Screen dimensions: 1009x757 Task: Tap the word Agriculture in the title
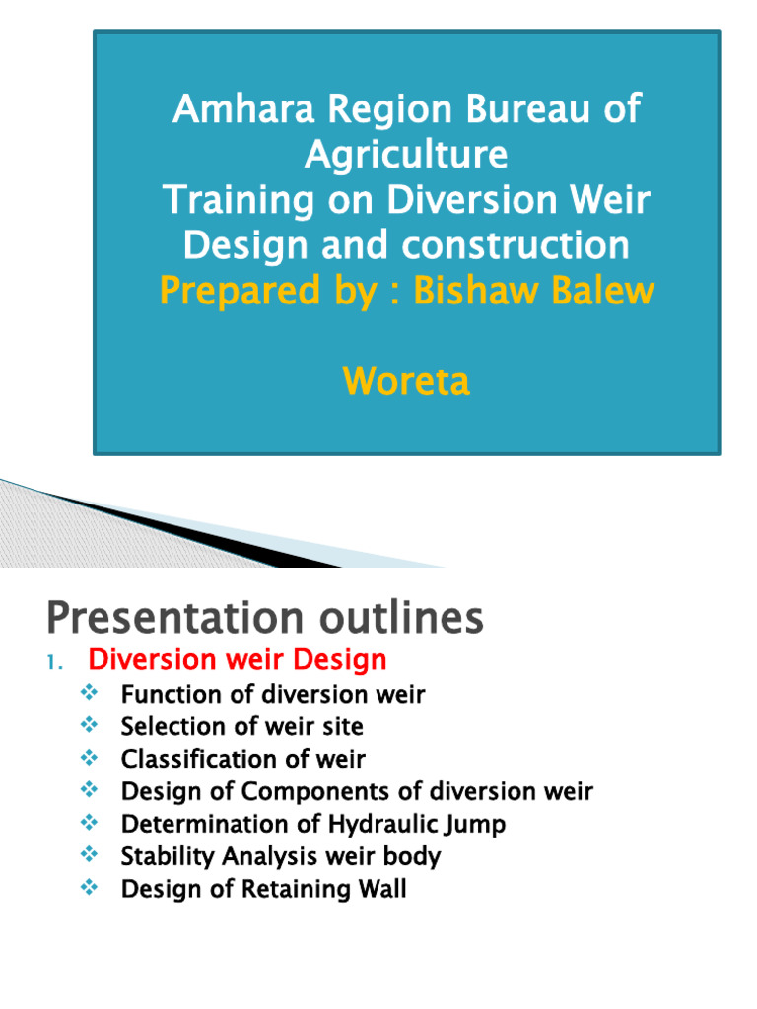pos(406,154)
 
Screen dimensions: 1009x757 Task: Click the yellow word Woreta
pos(406,381)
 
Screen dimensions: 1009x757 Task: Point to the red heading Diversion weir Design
pos(238,659)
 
